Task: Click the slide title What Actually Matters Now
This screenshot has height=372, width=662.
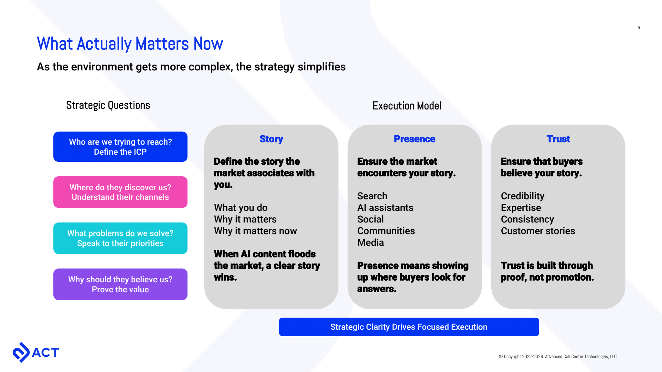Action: pos(130,44)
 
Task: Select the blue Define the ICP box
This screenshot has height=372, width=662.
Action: pos(120,147)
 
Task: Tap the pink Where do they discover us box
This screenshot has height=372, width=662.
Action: pos(120,192)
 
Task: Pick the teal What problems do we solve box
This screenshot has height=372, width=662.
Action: pos(120,238)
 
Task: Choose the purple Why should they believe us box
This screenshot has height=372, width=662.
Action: pos(120,284)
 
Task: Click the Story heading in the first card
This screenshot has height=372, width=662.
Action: pos(271,139)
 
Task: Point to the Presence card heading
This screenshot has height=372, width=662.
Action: pos(414,139)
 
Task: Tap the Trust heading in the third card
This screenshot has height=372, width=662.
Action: pos(558,139)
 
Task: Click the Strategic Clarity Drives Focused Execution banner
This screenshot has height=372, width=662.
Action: pos(409,327)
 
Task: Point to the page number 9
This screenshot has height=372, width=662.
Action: pos(639,28)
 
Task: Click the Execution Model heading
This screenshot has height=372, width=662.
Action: pos(407,106)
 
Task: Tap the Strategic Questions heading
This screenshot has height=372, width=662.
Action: pos(108,105)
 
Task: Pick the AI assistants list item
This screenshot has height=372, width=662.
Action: pos(385,208)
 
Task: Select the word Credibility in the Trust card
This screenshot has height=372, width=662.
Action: pos(522,196)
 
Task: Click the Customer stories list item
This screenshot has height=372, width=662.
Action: pos(538,231)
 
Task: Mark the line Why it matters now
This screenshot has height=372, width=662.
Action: pos(255,231)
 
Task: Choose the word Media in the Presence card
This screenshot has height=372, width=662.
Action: pos(370,243)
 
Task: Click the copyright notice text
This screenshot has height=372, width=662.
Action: pos(558,356)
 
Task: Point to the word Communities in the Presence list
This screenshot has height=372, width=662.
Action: pos(386,231)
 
